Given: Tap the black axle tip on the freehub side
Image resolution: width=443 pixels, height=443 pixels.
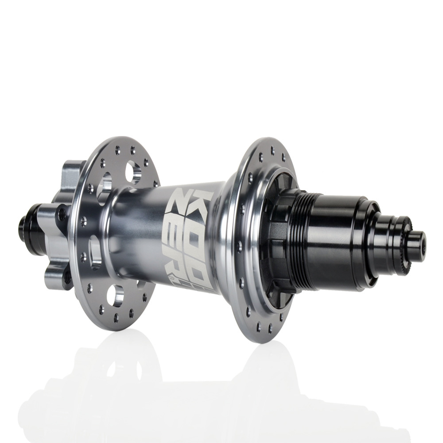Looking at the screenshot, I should (420, 241).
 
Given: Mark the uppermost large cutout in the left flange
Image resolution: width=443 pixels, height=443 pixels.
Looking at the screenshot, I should (133, 173).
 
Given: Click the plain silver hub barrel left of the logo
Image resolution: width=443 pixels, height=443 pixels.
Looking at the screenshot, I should (137, 230).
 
